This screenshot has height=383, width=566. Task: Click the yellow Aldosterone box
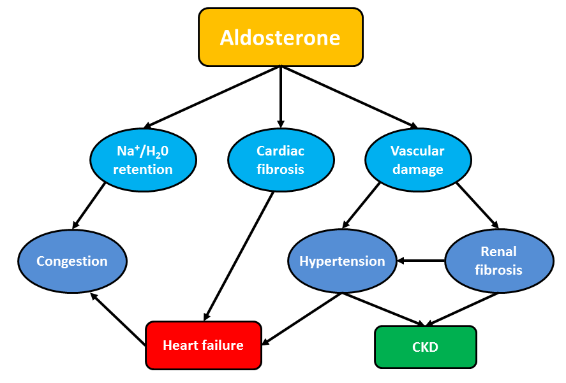point(281,37)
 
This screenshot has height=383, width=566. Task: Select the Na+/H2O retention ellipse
point(143,160)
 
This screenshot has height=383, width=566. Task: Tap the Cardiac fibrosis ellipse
point(281,160)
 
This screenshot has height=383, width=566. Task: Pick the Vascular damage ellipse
point(418,160)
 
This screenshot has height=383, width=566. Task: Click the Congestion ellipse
point(72,261)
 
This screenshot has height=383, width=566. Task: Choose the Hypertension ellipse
point(342,261)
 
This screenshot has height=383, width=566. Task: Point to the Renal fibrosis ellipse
point(499,261)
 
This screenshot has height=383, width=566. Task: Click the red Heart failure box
point(203,345)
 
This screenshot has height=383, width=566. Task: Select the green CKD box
point(426,347)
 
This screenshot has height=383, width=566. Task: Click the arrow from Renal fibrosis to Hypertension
point(421,261)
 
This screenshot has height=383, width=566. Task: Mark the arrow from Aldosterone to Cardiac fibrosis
point(281,97)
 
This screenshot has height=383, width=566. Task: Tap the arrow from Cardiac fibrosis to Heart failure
point(239,256)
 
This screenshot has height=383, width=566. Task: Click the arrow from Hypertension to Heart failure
point(302,319)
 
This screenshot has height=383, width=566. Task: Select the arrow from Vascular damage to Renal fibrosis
point(477,206)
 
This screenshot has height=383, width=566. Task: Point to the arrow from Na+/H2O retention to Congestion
point(89,206)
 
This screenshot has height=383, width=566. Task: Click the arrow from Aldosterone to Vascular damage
point(350,98)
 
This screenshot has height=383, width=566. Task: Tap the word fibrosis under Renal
point(498,270)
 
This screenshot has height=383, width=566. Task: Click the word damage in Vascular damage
point(418,170)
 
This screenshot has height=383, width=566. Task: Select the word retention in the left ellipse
point(143,169)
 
